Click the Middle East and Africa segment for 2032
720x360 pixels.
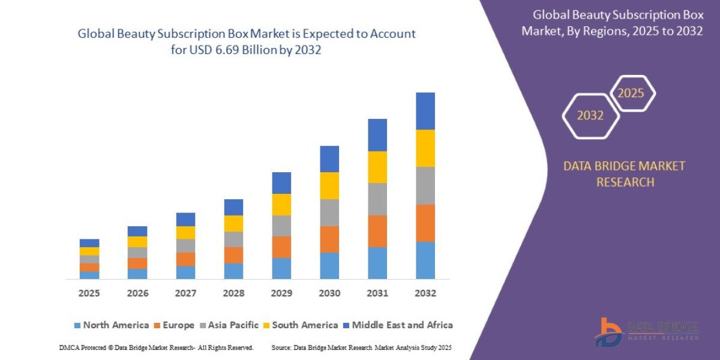click(x=425, y=111)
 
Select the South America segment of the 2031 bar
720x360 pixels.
click(x=377, y=167)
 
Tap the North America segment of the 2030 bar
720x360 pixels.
click(x=329, y=265)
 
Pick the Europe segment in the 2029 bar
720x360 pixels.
click(x=281, y=247)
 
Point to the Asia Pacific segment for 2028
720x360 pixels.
click(x=233, y=239)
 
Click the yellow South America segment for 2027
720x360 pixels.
click(x=185, y=233)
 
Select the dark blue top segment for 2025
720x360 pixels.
click(x=89, y=243)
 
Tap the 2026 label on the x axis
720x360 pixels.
click(x=137, y=293)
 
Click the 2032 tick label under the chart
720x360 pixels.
click(x=425, y=293)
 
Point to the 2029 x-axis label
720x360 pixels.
click(x=281, y=293)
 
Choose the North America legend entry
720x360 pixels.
click(x=111, y=325)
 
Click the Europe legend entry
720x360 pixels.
click(x=175, y=325)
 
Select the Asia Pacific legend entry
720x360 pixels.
click(x=231, y=325)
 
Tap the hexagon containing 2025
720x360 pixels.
click(x=631, y=94)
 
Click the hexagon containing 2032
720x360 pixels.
click(x=590, y=116)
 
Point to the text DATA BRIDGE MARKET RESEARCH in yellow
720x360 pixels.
click(x=624, y=174)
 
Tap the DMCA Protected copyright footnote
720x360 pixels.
click(x=157, y=347)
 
